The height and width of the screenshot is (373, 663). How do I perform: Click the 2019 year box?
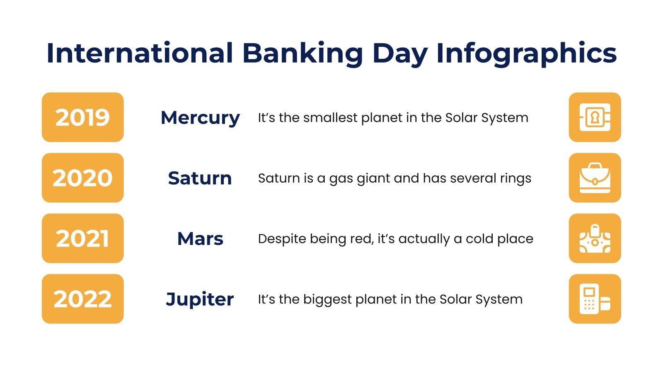tap(82, 117)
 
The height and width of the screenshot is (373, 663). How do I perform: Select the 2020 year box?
tap(82, 178)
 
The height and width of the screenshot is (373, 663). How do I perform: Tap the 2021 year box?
tap(82, 238)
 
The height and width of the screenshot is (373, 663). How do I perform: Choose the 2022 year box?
tap(82, 299)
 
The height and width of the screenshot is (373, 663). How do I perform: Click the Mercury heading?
tap(200, 118)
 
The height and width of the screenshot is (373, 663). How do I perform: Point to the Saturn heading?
tap(200, 178)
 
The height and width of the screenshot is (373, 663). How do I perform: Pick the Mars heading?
tap(200, 239)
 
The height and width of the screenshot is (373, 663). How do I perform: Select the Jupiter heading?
tap(200, 299)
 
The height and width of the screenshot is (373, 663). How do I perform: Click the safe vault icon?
tap(595, 117)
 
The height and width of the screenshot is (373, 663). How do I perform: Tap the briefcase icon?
tap(595, 178)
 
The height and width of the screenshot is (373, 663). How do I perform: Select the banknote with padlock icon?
tap(595, 238)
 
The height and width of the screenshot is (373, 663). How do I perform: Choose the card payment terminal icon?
tap(595, 299)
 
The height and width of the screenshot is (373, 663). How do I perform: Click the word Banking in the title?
tap(302, 53)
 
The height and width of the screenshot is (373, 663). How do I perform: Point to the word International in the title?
tap(140, 53)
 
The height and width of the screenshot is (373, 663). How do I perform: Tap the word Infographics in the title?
tap(526, 53)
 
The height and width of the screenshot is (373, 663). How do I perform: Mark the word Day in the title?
tap(399, 53)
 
